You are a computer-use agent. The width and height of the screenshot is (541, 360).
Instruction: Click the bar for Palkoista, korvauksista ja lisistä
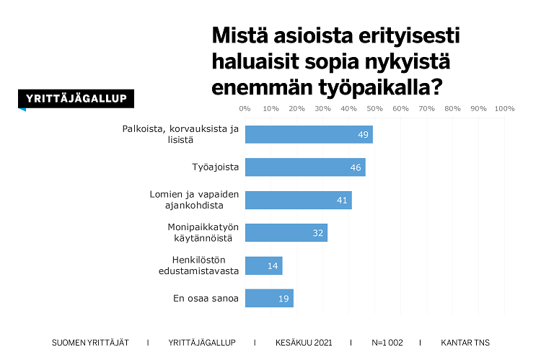coord(309,134)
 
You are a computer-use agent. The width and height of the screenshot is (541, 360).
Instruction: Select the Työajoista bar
coord(305,167)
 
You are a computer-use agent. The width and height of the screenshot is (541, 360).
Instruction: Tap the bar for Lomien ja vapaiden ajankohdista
coord(298,200)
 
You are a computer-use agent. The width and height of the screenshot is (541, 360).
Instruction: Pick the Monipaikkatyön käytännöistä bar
coord(286,232)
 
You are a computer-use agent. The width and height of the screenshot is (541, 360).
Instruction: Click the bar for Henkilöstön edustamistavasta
coord(263,265)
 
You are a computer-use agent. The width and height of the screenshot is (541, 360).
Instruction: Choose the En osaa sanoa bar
coord(269,298)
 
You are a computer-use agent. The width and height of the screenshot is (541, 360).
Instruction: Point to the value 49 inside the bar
coord(364,135)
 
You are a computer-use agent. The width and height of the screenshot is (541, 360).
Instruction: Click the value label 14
coord(273,265)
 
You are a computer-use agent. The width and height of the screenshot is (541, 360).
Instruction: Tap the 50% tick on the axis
coord(374,109)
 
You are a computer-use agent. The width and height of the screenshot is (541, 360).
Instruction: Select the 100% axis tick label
coord(504,109)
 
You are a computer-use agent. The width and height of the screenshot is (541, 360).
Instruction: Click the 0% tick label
coord(245,109)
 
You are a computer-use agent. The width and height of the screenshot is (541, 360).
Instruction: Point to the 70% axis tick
coord(426,109)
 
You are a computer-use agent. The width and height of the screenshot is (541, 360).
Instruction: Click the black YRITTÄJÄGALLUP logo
coord(76,99)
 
